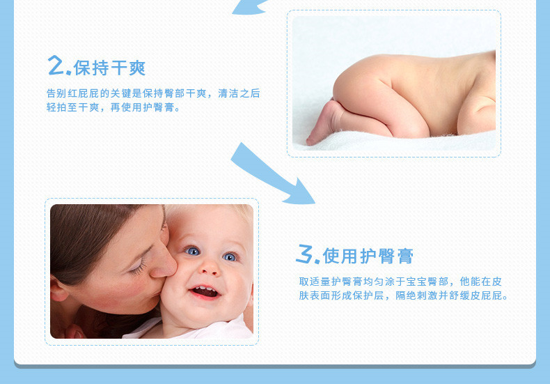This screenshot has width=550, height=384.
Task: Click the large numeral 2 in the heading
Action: (55, 65)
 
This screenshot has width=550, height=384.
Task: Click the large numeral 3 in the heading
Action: (304, 254)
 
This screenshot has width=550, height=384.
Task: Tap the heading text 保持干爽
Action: (109, 68)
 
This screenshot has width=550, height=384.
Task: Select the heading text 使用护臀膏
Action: (368, 256)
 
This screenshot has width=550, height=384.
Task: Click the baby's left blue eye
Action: (192, 251)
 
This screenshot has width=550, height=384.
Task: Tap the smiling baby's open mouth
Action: (205, 292)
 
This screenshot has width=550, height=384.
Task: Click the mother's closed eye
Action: (139, 268)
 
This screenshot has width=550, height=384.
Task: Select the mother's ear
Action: (59, 289)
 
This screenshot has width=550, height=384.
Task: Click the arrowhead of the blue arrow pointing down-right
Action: (300, 192)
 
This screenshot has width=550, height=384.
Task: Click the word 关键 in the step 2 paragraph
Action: (121, 93)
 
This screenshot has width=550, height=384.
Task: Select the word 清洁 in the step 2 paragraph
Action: (228, 93)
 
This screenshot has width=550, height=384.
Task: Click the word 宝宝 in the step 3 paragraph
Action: (416, 282)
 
